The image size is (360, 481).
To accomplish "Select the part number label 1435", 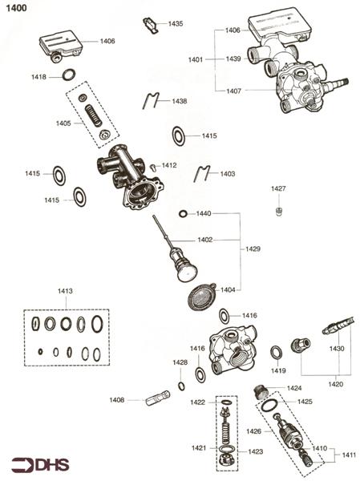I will (175, 24).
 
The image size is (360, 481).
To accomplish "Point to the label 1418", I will (38, 76).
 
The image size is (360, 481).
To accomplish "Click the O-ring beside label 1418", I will (69, 76).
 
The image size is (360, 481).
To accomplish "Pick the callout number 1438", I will (179, 101).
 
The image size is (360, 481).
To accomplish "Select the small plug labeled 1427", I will (278, 210).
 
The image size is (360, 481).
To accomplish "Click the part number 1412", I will (169, 165).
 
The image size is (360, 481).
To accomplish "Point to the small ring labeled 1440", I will (184, 214).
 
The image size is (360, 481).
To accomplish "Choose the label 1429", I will (253, 249).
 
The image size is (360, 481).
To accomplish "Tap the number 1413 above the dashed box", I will (65, 291).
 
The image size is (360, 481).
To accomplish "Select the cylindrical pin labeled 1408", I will (157, 398).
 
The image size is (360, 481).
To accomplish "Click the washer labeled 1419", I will (276, 352).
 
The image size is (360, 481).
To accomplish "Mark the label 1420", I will (335, 384).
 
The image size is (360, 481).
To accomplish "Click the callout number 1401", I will (196, 59).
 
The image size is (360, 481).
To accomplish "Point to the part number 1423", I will (255, 451).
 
